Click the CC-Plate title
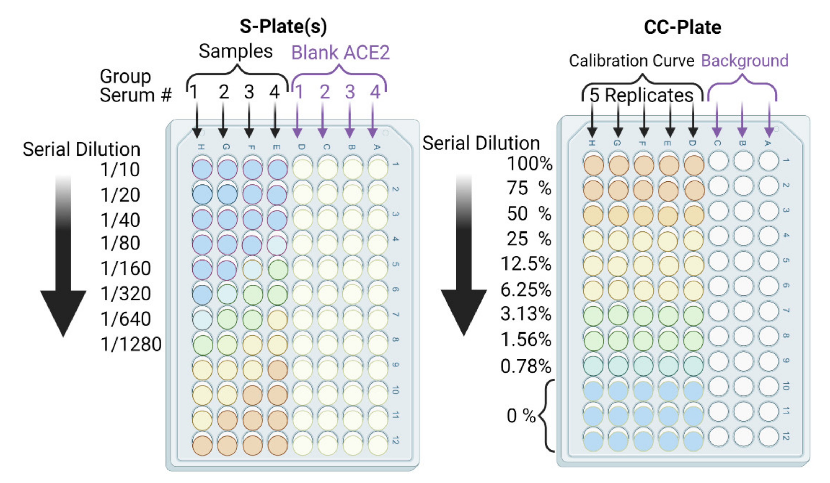683,27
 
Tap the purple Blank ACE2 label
340,53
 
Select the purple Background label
745,61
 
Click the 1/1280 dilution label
131,344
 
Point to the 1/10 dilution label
120,170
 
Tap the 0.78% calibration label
526,366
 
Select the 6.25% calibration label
526,290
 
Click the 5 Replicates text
641,95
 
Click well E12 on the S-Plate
278,445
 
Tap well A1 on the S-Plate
378,168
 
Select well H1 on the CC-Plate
593,165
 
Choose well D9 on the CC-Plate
694,365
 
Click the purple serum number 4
375,92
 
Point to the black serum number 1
194,92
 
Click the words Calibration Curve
632,61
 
